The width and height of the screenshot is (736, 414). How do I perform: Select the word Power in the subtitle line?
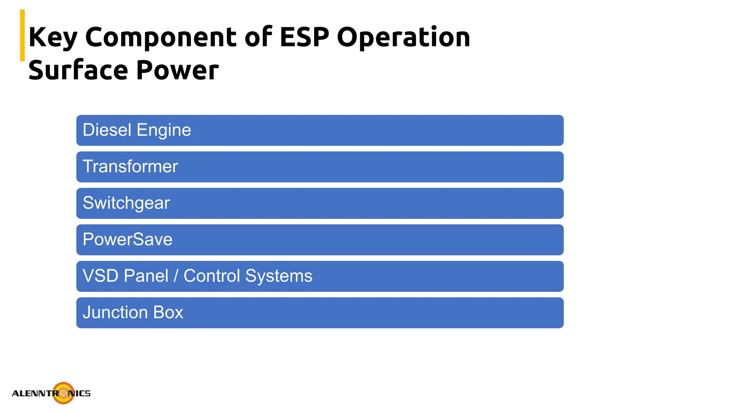click(177, 70)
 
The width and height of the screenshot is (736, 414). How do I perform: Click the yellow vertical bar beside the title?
click(22, 35)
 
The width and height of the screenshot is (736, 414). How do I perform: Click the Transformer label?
click(130, 166)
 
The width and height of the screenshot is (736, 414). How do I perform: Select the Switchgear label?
click(126, 203)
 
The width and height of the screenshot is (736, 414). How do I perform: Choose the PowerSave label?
click(128, 239)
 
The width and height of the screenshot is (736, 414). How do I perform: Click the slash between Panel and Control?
click(176, 276)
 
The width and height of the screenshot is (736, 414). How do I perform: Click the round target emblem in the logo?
click(64, 393)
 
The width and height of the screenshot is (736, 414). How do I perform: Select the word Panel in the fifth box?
click(146, 276)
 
